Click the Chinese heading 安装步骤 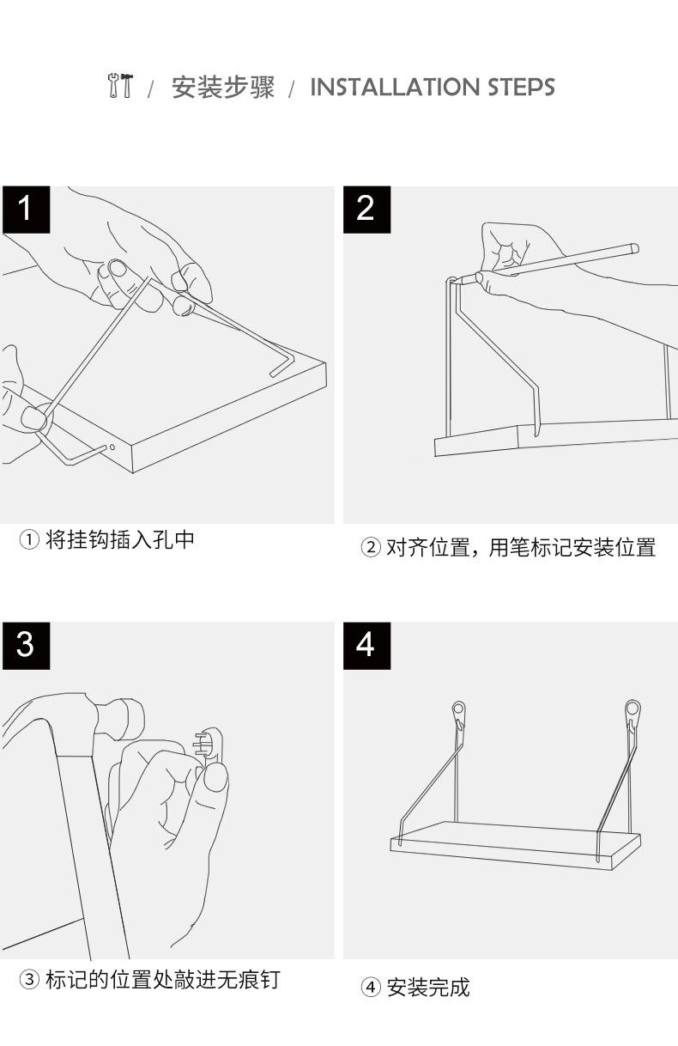click(x=222, y=87)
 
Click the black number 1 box click(x=25, y=209)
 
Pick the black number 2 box click(x=366, y=209)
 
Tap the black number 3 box click(x=25, y=644)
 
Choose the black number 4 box click(x=366, y=644)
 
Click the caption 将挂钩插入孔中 click(x=119, y=540)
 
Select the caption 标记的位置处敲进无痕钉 click(x=161, y=979)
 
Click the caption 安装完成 click(x=428, y=987)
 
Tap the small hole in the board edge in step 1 click(x=110, y=447)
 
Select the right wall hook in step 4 click(x=633, y=712)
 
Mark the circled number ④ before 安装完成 click(x=371, y=988)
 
